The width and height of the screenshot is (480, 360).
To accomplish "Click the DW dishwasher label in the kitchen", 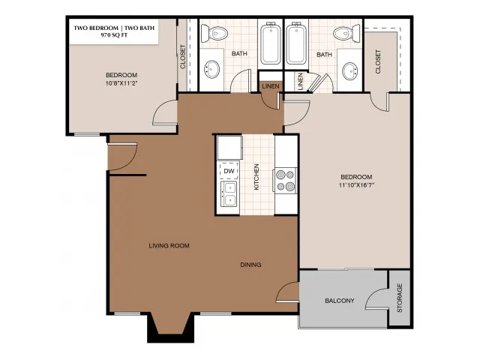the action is [x=229, y=171].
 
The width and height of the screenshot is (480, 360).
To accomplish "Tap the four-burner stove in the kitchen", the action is [x=285, y=180].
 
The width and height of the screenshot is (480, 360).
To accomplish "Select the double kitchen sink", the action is [x=229, y=194].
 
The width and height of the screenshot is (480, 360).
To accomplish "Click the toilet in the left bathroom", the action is [x=214, y=33].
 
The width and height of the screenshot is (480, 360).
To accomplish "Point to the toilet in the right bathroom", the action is [x=346, y=33].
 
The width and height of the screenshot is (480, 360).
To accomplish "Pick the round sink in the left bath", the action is [x=211, y=68].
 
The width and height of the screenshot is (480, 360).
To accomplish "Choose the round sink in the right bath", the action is [x=349, y=70].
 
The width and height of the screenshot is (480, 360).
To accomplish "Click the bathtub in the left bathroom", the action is [x=271, y=43].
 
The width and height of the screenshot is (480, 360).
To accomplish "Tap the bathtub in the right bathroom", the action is [x=296, y=43].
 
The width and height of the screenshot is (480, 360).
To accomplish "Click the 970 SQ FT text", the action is [x=114, y=35].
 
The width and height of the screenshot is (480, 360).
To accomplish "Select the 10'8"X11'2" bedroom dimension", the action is [x=121, y=83].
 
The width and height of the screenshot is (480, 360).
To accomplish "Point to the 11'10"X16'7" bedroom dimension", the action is [x=357, y=185].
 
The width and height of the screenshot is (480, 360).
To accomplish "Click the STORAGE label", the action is [x=400, y=298].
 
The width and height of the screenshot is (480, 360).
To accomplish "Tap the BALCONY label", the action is [x=340, y=301].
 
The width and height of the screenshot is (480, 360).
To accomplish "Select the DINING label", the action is [x=250, y=265].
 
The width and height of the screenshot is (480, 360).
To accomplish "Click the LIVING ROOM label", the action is [x=169, y=245].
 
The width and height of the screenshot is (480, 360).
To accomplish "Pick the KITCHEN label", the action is [x=256, y=177].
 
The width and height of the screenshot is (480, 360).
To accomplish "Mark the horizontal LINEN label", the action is [x=271, y=86].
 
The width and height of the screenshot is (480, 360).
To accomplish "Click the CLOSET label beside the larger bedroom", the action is [x=378, y=61].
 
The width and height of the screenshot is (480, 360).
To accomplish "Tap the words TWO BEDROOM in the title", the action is [x=96, y=28].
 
